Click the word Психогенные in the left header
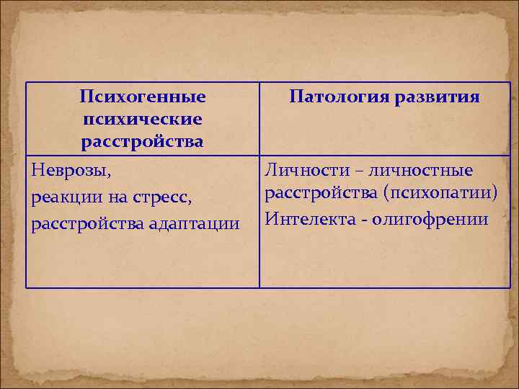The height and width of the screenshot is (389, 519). point(143,97)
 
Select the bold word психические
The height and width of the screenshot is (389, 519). point(143,119)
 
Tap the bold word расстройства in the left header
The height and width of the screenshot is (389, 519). point(143,142)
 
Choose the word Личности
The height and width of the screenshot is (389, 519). point(300,171)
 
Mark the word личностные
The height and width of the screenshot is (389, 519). point(427,171)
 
